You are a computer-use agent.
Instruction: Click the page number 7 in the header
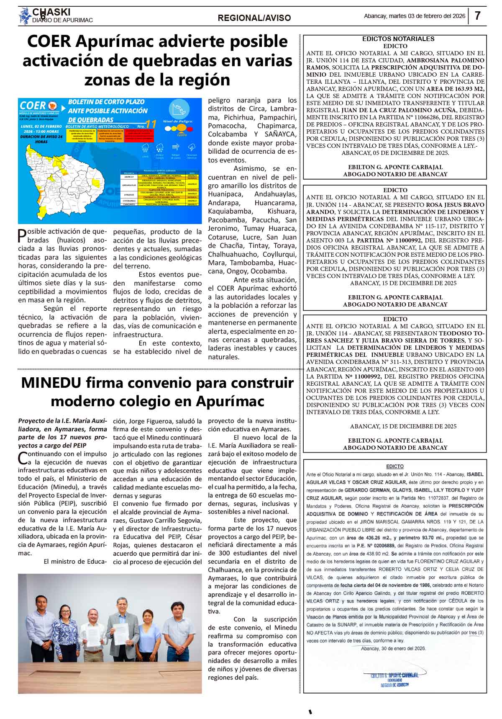click(477, 16)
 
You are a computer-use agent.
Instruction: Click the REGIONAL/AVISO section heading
click(254, 18)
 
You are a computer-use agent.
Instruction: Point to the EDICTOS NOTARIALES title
click(392, 39)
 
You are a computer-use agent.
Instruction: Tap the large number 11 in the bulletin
click(151, 124)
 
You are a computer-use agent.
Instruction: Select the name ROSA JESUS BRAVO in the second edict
click(455, 205)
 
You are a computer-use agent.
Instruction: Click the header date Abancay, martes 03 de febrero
click(414, 16)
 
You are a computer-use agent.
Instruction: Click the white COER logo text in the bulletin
click(33, 106)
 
